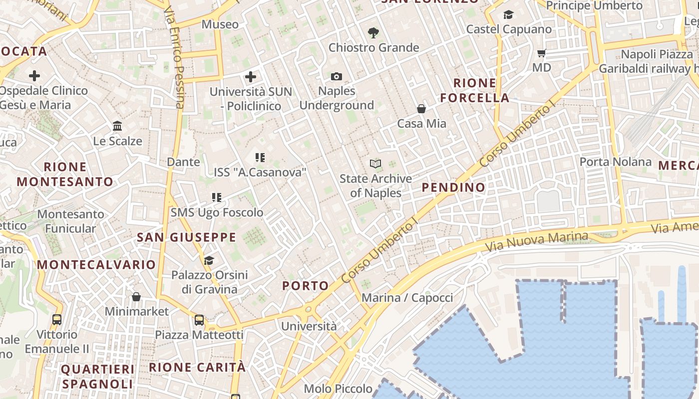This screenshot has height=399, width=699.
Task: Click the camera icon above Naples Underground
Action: point(337,76)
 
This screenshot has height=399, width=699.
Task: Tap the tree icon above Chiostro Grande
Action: point(373,33)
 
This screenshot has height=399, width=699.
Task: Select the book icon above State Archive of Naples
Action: point(375,164)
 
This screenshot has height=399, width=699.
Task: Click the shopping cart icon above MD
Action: point(542,53)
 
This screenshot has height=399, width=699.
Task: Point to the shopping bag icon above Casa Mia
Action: point(421,108)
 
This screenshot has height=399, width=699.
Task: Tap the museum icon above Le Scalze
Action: point(117,126)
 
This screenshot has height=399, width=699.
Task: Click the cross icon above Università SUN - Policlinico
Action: point(251,77)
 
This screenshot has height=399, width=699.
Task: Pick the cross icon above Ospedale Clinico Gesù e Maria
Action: point(34,76)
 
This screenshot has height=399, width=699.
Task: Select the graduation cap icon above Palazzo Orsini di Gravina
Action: point(209,260)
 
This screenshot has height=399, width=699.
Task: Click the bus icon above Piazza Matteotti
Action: point(199,320)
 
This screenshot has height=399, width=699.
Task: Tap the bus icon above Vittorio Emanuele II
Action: point(57,319)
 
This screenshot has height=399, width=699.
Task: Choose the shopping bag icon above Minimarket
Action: point(136,297)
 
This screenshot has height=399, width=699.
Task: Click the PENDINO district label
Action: point(453,188)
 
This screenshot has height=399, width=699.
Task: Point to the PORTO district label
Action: point(306,286)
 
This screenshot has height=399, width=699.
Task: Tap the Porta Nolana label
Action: point(615,162)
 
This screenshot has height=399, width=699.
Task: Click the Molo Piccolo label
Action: point(338,389)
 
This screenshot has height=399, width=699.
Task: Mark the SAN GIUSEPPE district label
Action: point(186,237)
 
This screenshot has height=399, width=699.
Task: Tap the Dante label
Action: point(183,162)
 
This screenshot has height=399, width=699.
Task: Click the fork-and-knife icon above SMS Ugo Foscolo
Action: point(216,198)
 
